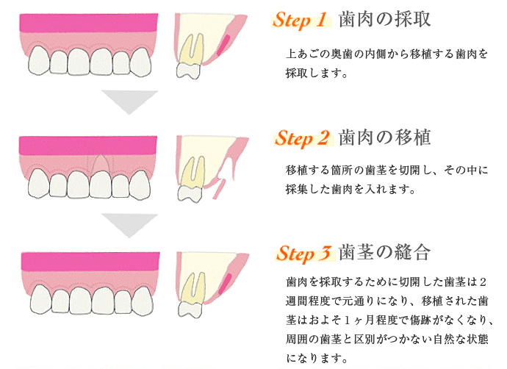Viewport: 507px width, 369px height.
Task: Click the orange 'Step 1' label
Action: [300, 20]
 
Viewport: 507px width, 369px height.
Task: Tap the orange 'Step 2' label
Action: [302, 138]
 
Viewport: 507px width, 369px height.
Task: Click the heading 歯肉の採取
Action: [385, 19]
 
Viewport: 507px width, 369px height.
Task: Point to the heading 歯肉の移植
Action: [385, 137]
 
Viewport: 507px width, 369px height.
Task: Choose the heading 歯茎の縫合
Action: [385, 252]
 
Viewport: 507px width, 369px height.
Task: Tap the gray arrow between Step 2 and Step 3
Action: [129, 226]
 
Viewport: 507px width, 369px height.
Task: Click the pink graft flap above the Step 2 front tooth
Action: [101, 162]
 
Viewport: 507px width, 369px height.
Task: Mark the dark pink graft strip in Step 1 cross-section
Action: [223, 45]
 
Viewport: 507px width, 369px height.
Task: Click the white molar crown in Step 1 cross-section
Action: [188, 71]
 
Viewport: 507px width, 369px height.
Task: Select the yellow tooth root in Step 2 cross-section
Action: [194, 172]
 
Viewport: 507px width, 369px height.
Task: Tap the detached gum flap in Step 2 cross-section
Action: [219, 189]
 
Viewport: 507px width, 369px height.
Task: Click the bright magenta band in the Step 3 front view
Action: [90, 261]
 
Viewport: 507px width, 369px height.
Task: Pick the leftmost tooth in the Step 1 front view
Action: [39, 60]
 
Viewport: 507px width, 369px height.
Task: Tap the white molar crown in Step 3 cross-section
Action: [191, 309]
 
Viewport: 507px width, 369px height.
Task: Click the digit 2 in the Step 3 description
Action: [483, 282]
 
